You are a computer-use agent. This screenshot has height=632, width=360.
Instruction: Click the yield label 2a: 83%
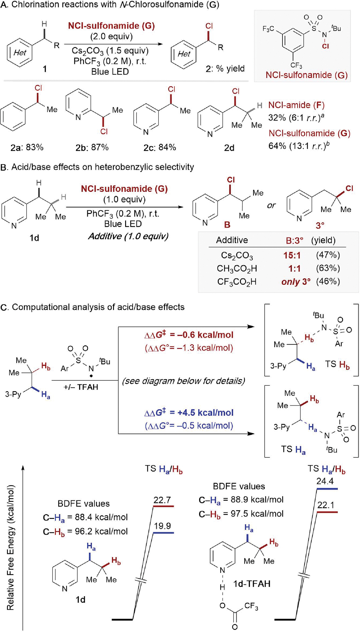point(27,147)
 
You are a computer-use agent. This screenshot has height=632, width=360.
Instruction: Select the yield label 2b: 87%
point(92,147)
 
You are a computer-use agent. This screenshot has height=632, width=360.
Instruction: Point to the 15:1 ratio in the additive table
point(292,255)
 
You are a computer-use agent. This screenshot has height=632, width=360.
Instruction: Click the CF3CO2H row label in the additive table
point(237,282)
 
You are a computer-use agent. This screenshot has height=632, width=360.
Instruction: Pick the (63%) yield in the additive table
point(328,268)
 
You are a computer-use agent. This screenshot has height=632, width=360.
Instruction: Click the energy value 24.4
point(325,481)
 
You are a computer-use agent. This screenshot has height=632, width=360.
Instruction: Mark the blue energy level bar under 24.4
point(327,489)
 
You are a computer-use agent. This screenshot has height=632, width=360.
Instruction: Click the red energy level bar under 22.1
point(327,512)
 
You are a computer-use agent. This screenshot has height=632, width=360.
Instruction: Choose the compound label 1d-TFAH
point(252,584)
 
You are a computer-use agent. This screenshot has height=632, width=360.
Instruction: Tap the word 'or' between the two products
point(271,206)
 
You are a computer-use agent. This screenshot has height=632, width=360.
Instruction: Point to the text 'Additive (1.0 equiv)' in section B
point(128,236)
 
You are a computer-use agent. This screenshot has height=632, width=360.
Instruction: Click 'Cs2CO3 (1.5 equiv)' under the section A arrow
point(110,51)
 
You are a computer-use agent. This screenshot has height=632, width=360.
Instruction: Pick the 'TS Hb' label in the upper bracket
point(337,364)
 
